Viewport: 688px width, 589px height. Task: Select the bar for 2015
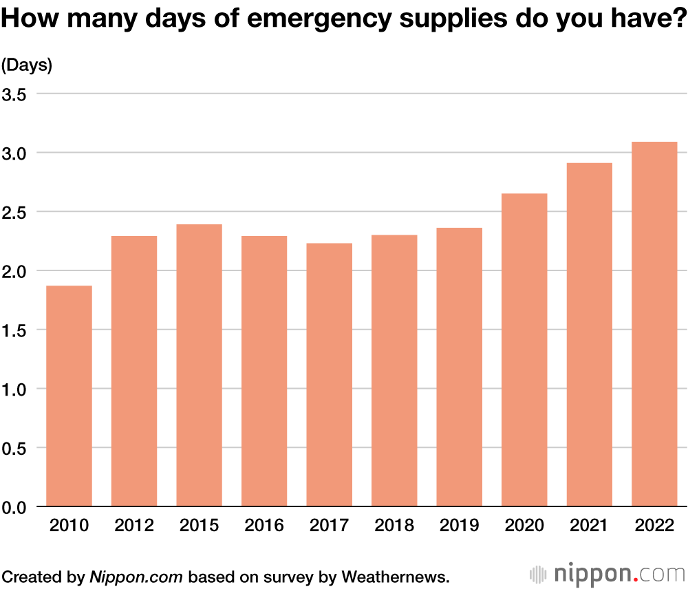coord(199,365)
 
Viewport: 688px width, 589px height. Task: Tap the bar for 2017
coord(329,375)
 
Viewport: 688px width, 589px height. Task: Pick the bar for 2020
coord(524,350)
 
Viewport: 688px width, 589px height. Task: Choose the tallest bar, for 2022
coord(654,324)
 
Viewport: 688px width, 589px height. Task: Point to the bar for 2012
coord(134,372)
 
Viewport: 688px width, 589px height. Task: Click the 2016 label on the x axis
coord(264,526)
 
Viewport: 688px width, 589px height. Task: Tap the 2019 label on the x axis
coord(460,526)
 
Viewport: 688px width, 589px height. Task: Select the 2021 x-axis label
coord(590,526)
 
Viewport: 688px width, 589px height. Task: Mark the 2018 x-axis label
coord(394,526)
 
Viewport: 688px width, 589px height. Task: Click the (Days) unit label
coord(27,65)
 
